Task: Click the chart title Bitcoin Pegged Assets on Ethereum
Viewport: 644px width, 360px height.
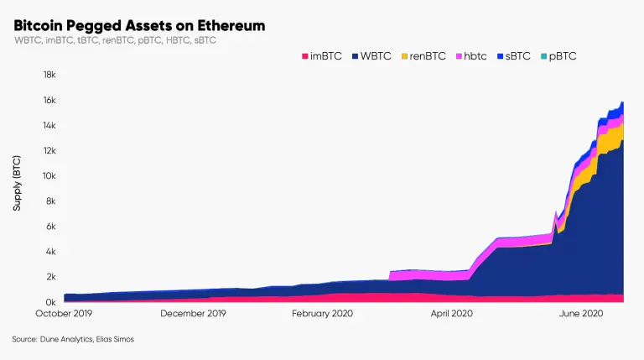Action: (x=139, y=26)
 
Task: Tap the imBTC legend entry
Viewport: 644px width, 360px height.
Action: (x=319, y=56)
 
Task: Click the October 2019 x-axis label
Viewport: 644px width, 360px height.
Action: (x=64, y=314)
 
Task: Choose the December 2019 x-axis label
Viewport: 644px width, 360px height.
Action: (x=193, y=314)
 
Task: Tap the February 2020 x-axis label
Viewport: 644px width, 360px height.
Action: (x=323, y=314)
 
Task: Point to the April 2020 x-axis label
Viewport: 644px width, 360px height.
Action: (x=453, y=314)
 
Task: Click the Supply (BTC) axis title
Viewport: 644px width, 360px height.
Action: (x=18, y=181)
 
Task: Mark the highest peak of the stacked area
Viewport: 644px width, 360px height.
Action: (x=622, y=102)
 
